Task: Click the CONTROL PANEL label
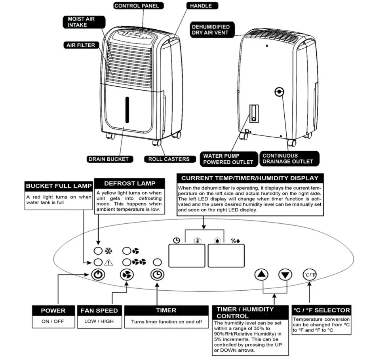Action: tap(136, 6)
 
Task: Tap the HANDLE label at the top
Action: tap(201, 6)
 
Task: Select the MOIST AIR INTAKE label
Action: tap(81, 22)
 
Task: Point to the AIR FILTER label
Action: tap(81, 45)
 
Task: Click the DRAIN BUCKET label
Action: tap(108, 159)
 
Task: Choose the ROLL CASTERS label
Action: tap(169, 159)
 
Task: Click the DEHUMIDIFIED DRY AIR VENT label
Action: tap(210, 30)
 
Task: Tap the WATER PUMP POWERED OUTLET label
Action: tap(228, 159)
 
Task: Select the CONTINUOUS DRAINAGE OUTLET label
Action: tap(288, 158)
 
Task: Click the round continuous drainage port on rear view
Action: tap(279, 92)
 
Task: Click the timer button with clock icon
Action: tap(157, 274)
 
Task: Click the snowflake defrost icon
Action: tap(108, 251)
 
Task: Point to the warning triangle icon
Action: tap(108, 262)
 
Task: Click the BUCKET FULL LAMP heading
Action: tap(59, 186)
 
